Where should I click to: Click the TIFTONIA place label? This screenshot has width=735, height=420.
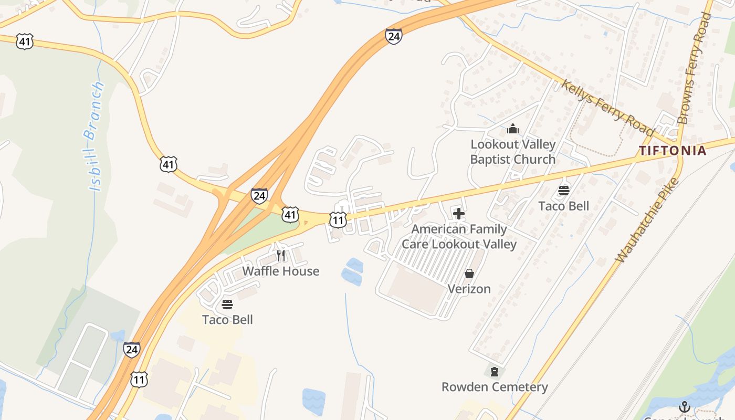[673, 151]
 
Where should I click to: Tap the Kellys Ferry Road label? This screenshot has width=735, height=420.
[607, 107]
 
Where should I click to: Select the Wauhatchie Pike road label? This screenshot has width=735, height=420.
[647, 221]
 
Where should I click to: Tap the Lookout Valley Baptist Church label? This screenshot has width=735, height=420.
[512, 152]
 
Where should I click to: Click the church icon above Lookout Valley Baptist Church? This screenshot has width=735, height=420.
[513, 129]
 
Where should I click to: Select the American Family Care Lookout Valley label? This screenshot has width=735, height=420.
[459, 237]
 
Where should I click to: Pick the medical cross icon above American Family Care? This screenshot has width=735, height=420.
[458, 214]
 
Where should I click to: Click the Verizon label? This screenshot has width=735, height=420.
[469, 289]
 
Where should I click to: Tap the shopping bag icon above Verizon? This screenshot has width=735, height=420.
[469, 274]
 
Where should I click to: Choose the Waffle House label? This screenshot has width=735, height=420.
[280, 271]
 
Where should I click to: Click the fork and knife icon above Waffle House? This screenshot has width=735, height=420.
[281, 256]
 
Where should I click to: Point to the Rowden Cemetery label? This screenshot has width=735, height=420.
[495, 387]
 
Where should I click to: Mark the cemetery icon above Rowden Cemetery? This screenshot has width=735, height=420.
[494, 372]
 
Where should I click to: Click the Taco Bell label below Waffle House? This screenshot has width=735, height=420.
[227, 320]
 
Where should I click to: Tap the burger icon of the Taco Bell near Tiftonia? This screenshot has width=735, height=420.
[564, 191]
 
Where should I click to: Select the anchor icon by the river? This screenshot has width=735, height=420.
[684, 407]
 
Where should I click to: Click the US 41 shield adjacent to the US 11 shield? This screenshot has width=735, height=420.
[290, 214]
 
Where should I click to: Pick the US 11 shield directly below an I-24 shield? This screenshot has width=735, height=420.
[139, 379]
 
